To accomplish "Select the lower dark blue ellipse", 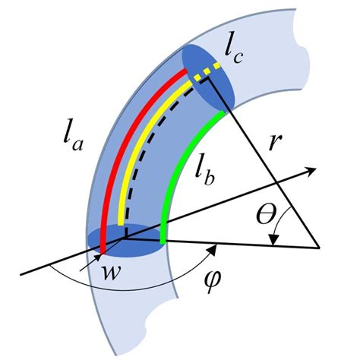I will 133,242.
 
